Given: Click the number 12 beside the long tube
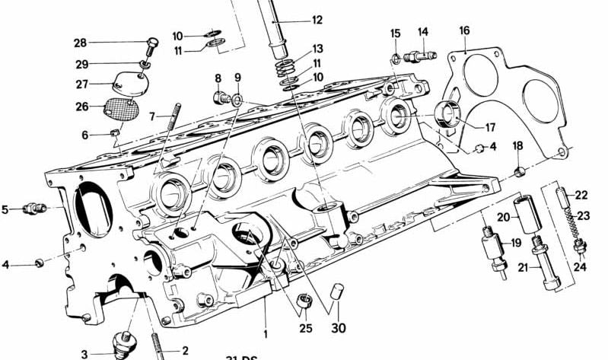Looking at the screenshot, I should pyautogui.click(x=317, y=21).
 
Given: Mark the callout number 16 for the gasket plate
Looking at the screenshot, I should pyautogui.click(x=464, y=30).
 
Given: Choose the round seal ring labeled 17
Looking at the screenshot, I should pyautogui.click(x=447, y=116).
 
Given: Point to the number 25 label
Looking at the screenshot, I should pyautogui.click(x=305, y=329).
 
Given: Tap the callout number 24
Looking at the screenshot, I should pyautogui.click(x=580, y=266).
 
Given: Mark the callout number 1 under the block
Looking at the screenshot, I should pyautogui.click(x=266, y=333).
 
